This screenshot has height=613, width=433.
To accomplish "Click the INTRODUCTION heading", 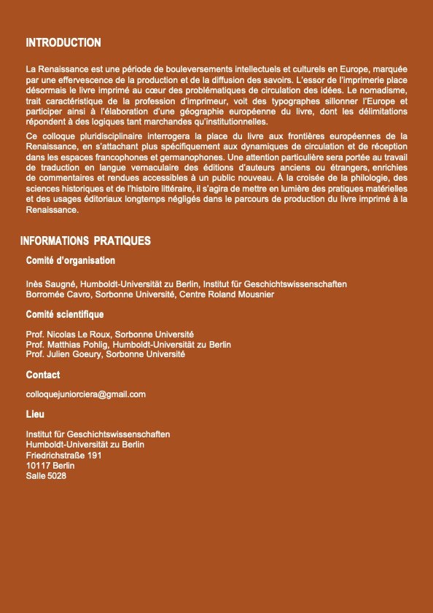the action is [x=63, y=43].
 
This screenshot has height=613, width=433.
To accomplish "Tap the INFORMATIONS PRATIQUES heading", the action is [x=85, y=241].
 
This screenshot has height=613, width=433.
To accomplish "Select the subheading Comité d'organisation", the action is [x=70, y=260].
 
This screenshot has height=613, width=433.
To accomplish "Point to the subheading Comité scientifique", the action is [x=64, y=314].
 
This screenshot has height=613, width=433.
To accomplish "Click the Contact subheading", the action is [x=43, y=375].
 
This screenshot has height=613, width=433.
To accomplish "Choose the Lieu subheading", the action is [x=35, y=414].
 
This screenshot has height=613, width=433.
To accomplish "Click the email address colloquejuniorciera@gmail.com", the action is [x=85, y=394].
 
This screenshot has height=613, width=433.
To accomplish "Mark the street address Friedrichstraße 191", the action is [x=63, y=455].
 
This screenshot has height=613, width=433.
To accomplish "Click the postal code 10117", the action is [x=38, y=465].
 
